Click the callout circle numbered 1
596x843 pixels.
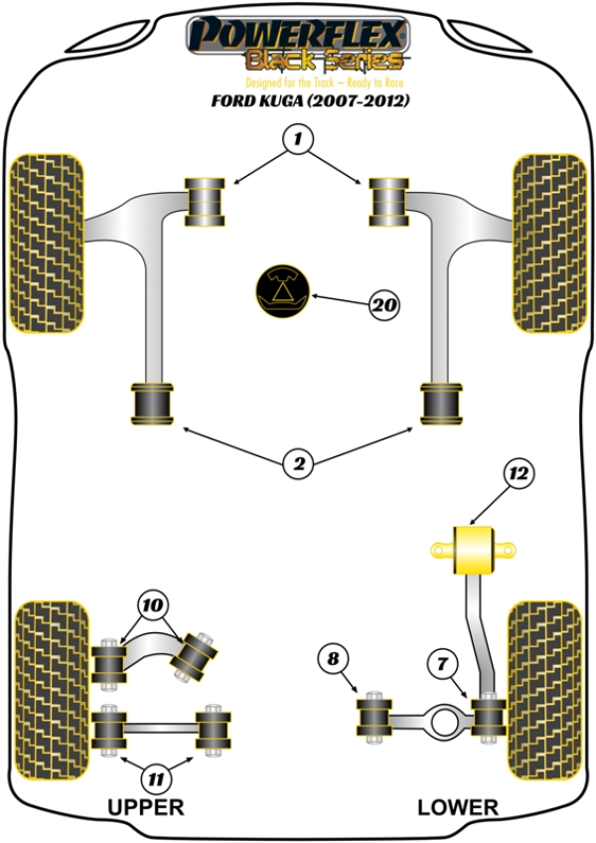tap(295, 140)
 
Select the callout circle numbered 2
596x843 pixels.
tap(297, 462)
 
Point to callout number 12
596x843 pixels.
tap(518, 476)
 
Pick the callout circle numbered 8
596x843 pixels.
tap(333, 658)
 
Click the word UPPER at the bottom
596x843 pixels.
tap(148, 807)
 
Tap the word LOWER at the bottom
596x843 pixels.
tap(457, 807)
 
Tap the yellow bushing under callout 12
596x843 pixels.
tap(474, 550)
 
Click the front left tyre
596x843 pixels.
tap(47, 243)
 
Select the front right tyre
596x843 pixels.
tap(548, 243)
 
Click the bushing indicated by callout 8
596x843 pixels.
tap(374, 717)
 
